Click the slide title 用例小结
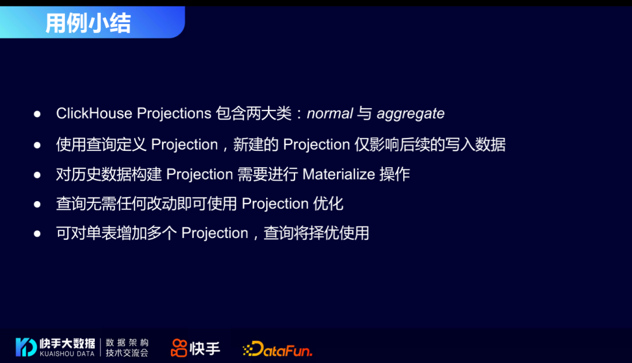tap(88, 23)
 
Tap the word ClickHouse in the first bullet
tap(94, 113)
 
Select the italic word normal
tap(329, 113)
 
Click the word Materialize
tap(339, 175)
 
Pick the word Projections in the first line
tap(174, 114)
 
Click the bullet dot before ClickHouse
tap(37, 115)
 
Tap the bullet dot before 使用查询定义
tap(37, 145)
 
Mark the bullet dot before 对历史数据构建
tap(37, 175)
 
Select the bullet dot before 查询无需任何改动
tap(37, 204)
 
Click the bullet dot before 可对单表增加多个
tap(37, 233)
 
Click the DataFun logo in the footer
tap(277, 348)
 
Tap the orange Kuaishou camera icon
tap(179, 348)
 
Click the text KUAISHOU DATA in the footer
tap(67, 354)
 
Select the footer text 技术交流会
tap(127, 353)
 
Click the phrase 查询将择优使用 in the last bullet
tap(317, 233)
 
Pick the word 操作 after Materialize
tap(394, 175)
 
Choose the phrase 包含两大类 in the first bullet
tap(253, 113)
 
